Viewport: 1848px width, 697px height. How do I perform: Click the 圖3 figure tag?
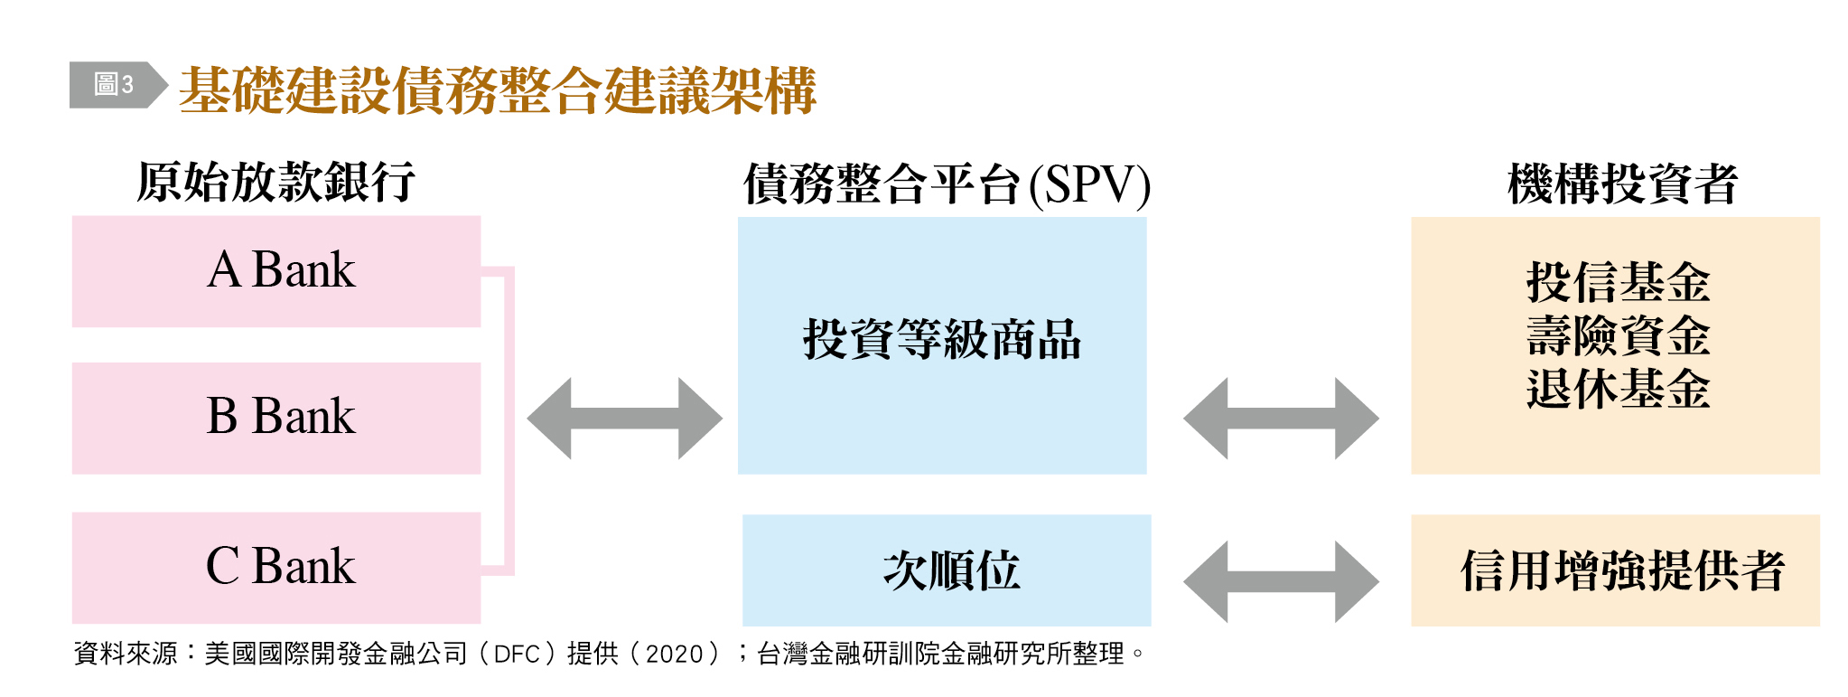tap(114, 85)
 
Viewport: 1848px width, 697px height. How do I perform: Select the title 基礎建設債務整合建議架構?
tap(498, 90)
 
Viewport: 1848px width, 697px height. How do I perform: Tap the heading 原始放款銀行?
tap(275, 182)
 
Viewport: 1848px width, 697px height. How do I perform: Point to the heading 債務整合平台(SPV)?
tap(947, 184)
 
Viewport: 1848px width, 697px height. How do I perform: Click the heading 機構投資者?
tap(1622, 184)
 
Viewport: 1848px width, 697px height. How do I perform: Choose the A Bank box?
tap(276, 271)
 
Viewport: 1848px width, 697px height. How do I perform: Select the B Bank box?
tap(276, 418)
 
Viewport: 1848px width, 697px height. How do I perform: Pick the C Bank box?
tap(276, 568)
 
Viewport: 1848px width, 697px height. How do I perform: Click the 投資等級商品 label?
tap(942, 340)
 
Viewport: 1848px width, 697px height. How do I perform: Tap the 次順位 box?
tap(947, 570)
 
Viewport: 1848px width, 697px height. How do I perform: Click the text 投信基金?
tap(1618, 282)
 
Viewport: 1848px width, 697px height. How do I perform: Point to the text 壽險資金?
tap(1618, 335)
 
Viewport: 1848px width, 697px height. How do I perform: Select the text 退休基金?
tap(1618, 389)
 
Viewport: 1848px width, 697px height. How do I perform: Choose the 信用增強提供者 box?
tap(1615, 570)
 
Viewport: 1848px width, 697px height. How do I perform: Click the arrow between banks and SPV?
tap(625, 419)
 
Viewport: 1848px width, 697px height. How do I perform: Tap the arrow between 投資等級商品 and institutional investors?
tap(1281, 419)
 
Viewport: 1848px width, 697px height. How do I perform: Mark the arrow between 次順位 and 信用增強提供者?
tap(1281, 582)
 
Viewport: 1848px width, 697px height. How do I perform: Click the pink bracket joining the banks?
tap(509, 420)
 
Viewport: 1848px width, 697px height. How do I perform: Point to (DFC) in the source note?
tap(517, 654)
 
